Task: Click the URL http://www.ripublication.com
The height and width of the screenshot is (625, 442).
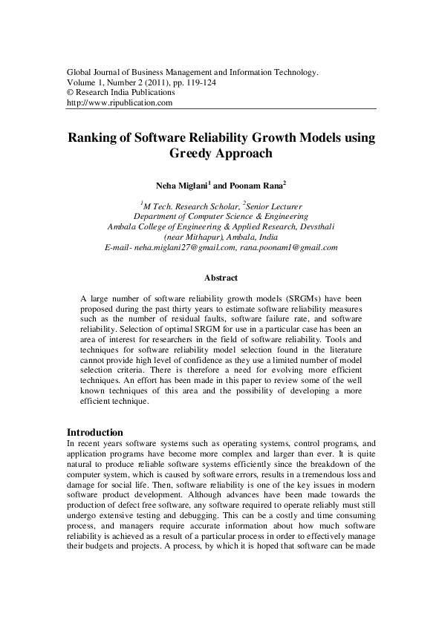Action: coord(120,103)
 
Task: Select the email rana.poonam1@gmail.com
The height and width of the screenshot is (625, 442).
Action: coord(290,247)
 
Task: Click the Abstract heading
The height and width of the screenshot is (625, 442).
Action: coord(221,278)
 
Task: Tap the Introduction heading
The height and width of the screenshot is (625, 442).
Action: coord(95,432)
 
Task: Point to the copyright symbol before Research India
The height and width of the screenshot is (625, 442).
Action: coord(71,93)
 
